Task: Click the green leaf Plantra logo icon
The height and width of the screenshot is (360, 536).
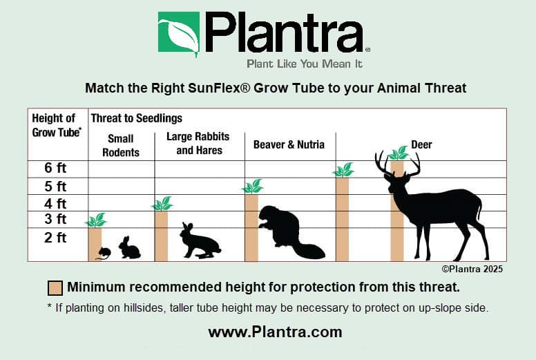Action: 178,33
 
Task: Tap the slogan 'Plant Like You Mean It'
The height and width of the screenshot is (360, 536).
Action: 305,64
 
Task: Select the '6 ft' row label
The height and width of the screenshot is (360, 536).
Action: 55,168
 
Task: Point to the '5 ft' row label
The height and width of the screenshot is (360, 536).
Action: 55,187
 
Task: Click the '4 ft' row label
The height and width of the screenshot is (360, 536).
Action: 55,203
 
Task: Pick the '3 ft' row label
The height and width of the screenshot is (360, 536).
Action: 55,219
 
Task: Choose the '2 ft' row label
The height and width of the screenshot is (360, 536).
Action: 55,237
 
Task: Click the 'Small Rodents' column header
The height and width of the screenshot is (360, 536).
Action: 121,145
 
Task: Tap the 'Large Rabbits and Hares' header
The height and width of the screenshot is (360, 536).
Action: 198,143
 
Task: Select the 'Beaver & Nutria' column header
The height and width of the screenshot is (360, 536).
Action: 289,144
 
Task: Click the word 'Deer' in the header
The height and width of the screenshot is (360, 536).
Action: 421,144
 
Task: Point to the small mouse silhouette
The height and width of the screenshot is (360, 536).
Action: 104,254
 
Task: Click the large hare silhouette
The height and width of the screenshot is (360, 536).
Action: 200,240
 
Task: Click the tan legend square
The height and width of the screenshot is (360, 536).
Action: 55,288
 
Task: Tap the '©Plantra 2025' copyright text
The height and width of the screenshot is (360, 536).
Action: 472,269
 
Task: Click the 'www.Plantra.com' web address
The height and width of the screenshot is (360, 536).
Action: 275,332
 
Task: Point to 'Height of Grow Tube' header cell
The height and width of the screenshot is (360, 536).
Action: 57,125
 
